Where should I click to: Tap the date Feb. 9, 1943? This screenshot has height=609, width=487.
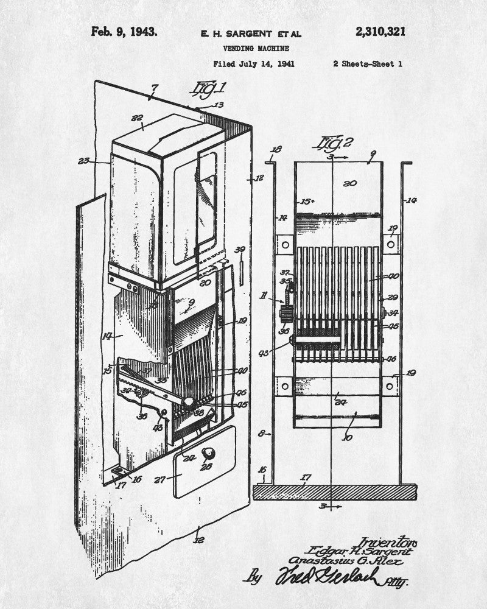click(x=124, y=32)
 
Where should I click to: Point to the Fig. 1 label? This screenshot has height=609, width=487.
click(x=206, y=89)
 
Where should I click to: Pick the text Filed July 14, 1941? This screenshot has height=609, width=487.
click(x=254, y=63)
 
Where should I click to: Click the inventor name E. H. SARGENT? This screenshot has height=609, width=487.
click(x=242, y=34)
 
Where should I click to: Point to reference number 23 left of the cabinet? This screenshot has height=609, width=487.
click(x=84, y=161)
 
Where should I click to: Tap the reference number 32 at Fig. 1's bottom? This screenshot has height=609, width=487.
click(x=198, y=539)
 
